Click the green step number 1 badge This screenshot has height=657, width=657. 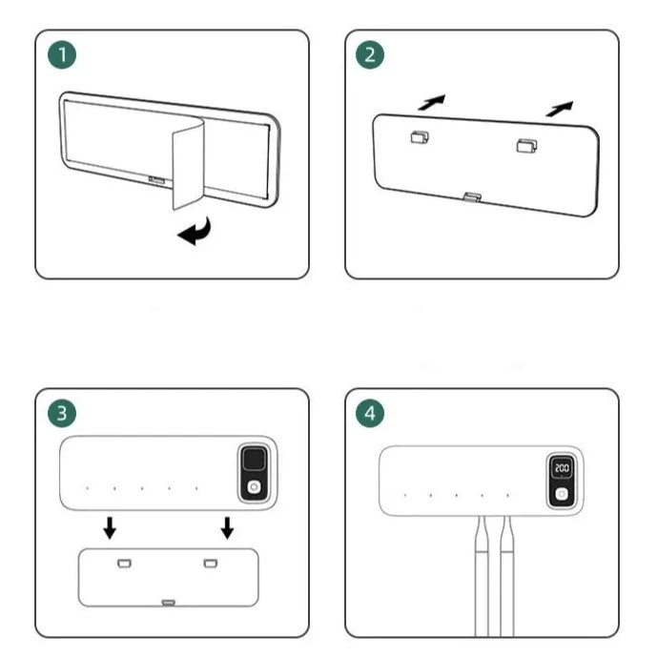tap(63, 56)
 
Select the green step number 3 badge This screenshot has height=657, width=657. tap(63, 414)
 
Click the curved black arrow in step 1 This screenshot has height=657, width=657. tap(196, 231)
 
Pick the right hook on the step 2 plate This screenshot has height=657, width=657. tap(525, 146)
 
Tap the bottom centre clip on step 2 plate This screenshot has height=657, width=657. tap(471, 197)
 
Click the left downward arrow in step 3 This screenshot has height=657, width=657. tap(111, 526)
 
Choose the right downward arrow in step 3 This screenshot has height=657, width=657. tap(227, 526)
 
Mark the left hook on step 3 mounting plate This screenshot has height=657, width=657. tap(123, 564)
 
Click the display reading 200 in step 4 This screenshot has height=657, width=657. tap(562, 470)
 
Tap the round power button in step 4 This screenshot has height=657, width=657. tap(562, 495)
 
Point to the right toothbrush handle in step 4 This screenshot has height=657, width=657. tap(506, 572)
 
